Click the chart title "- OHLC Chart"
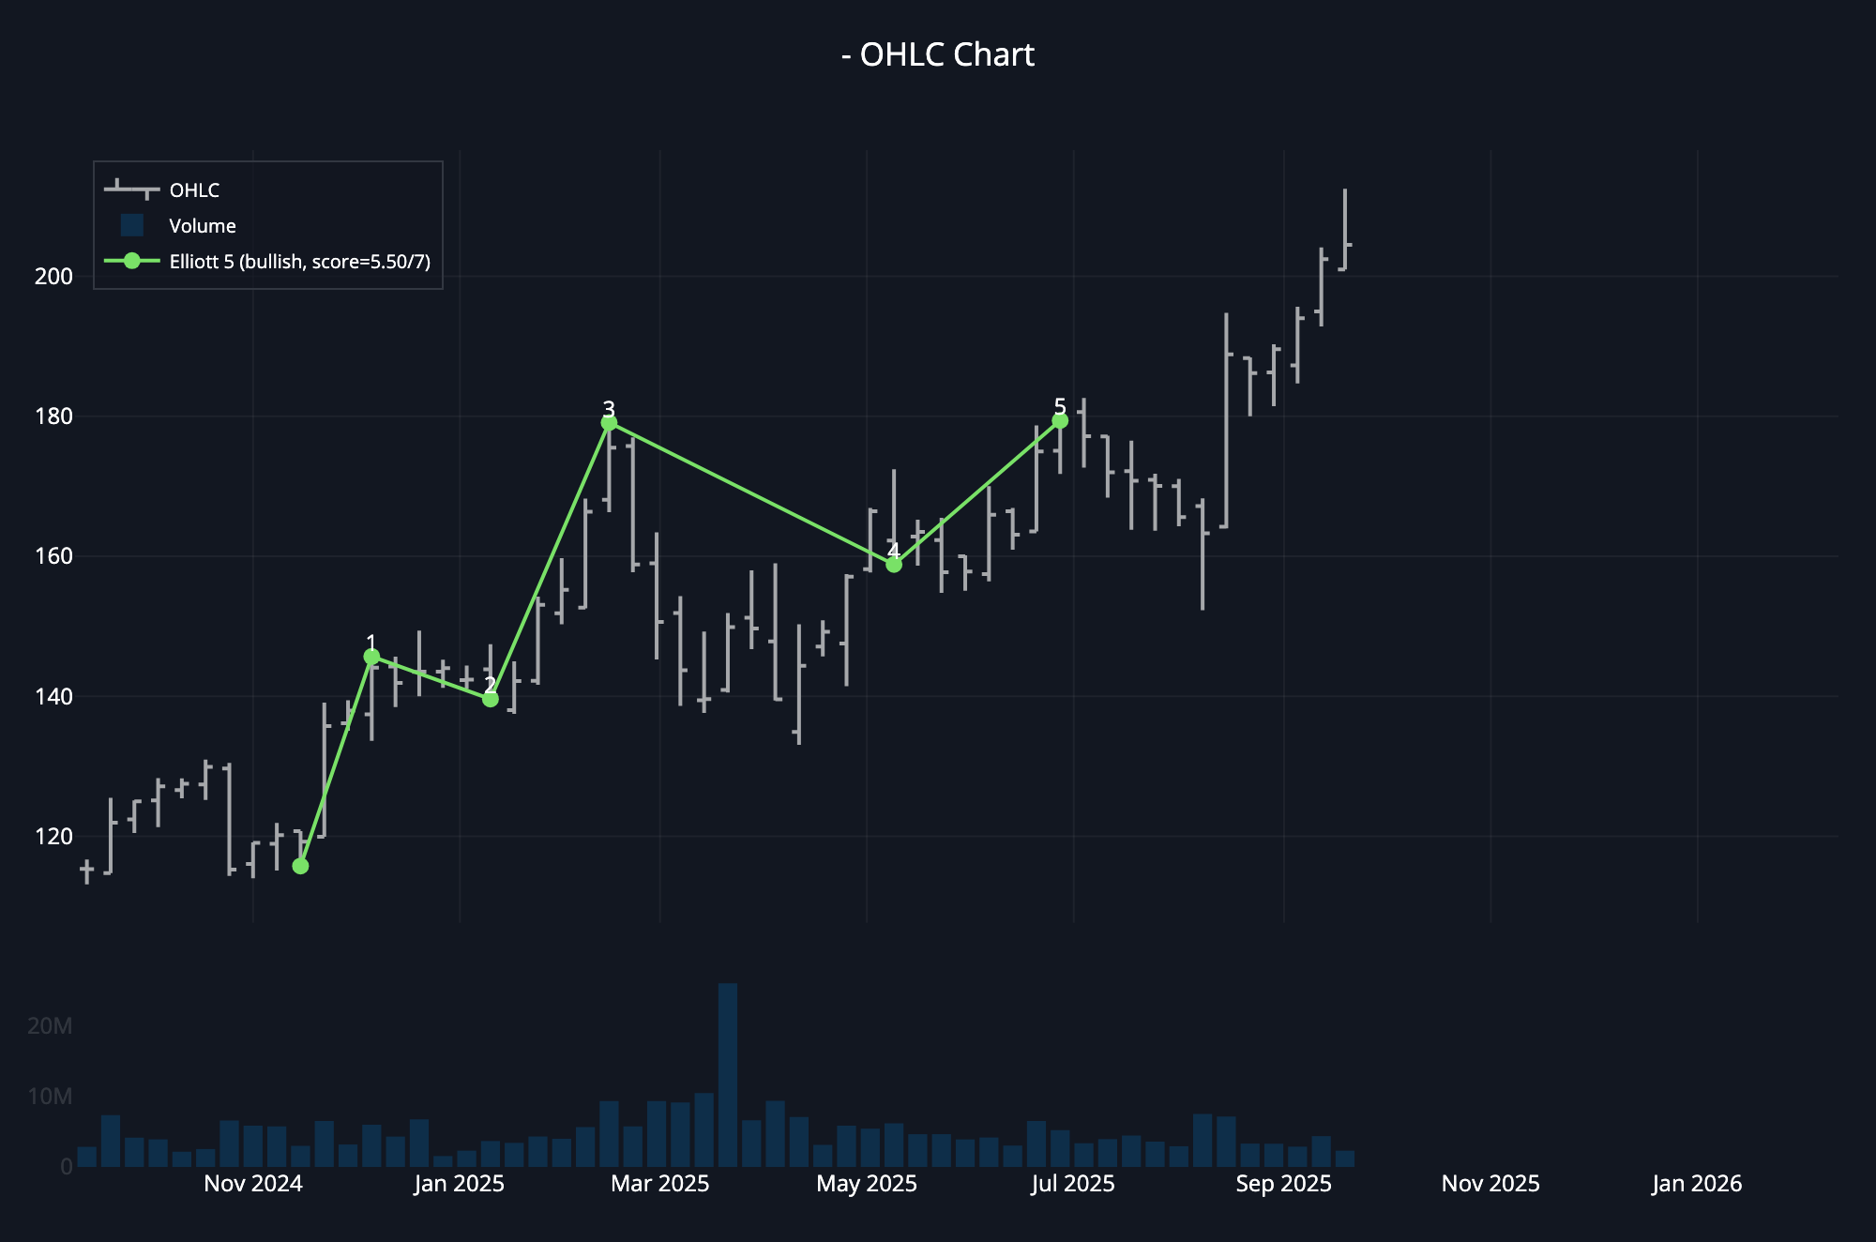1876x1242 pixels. coord(938,54)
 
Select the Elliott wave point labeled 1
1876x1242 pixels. coord(371,657)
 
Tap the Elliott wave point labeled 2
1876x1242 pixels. coord(490,699)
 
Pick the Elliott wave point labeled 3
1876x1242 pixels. coord(609,423)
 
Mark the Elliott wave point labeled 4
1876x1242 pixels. coord(894,565)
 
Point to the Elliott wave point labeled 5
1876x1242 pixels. coord(1060,420)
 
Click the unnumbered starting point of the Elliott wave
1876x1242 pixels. coord(300,866)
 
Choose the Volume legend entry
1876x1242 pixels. coord(202,226)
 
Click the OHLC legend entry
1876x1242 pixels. coord(194,190)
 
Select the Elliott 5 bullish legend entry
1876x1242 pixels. coord(299,262)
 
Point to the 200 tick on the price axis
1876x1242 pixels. coord(53,277)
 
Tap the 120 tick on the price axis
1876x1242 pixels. coord(53,837)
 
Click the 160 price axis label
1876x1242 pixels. coord(53,556)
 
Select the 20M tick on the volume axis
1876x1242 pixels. coord(50,1026)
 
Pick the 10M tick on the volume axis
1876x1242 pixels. coord(50,1097)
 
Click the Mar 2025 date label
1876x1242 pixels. coord(659,1184)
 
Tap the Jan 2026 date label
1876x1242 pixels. coord(1696,1184)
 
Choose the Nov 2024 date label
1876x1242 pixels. coord(253,1184)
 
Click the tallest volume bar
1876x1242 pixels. coord(728,1075)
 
